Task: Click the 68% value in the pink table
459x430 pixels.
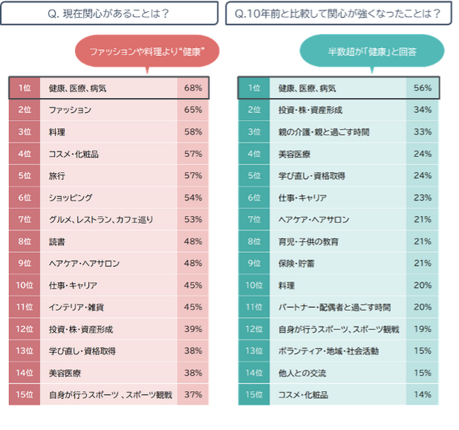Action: pos(193,88)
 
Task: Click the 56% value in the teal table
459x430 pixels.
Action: pos(422,88)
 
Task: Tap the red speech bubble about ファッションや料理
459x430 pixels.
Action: pos(147,52)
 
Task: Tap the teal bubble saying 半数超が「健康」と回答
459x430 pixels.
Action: pos(371,52)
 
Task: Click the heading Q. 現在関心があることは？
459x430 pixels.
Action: pos(109,13)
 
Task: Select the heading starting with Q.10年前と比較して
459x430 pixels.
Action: pos(338,13)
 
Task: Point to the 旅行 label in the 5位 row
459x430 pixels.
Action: pos(56,176)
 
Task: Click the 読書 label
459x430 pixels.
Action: pos(56,241)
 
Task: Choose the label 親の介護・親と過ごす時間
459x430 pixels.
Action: pos(323,132)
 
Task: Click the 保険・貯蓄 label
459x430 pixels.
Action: pos(297,263)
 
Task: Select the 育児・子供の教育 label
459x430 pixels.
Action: pos(309,241)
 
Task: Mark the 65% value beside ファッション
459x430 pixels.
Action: pos(193,109)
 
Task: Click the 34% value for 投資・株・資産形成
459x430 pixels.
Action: pos(422,109)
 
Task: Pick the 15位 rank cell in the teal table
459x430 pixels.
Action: pos(254,394)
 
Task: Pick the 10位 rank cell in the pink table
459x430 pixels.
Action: pos(25,285)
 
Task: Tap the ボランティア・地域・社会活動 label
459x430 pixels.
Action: pos(328,351)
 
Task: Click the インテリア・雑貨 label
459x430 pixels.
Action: pos(76,307)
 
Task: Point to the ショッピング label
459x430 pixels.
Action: pos(71,198)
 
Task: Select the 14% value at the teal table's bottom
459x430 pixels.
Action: pos(422,394)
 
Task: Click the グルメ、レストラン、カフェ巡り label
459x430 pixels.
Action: pos(101,220)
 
